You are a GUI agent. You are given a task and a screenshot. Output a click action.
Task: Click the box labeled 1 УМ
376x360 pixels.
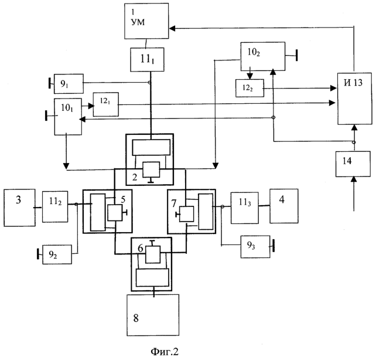click(146, 21)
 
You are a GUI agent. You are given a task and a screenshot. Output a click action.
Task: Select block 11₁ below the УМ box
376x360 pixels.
click(147, 60)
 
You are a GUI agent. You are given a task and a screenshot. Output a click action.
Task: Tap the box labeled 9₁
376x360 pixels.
click(69, 83)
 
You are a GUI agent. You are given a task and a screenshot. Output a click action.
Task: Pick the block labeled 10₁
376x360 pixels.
click(68, 117)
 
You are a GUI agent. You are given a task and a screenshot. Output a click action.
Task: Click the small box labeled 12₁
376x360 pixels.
click(106, 104)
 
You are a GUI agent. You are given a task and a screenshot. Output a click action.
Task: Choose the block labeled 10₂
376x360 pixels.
click(263, 56)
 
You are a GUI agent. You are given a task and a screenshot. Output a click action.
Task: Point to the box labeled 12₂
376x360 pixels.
click(250, 88)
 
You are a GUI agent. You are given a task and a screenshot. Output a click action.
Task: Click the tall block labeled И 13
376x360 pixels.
click(355, 99)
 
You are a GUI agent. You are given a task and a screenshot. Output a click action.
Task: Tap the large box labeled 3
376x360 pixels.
click(20, 208)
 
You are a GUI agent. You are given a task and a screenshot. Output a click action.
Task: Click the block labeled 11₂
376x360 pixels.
click(55, 206)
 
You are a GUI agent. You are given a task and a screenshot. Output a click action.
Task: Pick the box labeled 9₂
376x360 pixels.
click(57, 254)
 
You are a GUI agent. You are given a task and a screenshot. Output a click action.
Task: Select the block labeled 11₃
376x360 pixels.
click(245, 208)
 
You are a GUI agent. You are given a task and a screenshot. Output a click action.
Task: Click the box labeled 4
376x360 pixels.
click(284, 206)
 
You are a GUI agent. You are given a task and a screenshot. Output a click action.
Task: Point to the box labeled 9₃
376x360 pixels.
click(255, 247)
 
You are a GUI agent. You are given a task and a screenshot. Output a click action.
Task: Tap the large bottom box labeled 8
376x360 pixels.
click(153, 315)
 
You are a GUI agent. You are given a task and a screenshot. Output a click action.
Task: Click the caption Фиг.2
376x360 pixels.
click(165, 352)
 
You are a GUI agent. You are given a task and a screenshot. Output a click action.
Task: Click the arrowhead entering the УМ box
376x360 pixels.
click(172, 29)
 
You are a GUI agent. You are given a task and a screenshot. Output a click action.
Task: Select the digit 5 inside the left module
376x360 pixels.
click(123, 199)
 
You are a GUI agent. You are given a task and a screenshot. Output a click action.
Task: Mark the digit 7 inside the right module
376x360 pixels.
click(174, 203)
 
